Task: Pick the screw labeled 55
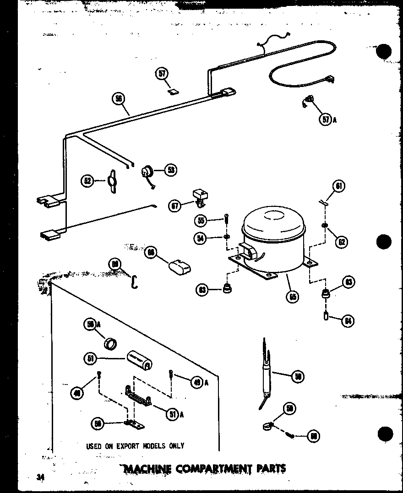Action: tap(226, 222)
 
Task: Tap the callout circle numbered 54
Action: tap(199, 238)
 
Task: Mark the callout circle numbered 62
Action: tap(341, 241)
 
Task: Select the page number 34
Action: tap(41, 477)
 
